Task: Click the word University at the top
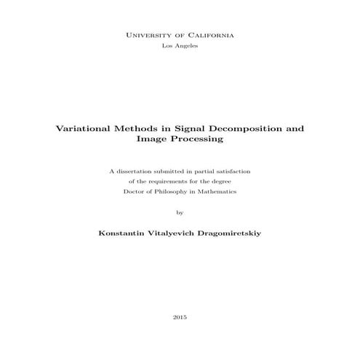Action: [151, 35]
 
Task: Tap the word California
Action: [209, 35]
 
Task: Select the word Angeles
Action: [186, 46]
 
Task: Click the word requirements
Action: [166, 181]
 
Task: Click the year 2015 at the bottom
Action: [180, 318]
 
